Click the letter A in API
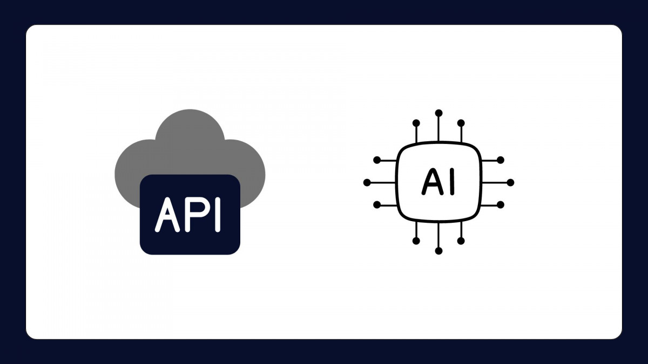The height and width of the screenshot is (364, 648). click(x=167, y=215)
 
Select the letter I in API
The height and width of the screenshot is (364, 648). click(x=218, y=215)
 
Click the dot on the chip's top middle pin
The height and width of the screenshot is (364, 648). click(x=438, y=113)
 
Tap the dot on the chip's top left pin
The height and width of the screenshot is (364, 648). click(x=416, y=123)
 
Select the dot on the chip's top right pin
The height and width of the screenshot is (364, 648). click(x=461, y=123)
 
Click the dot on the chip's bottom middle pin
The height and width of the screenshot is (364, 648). click(x=438, y=251)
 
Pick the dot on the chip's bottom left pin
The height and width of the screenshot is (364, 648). click(x=416, y=241)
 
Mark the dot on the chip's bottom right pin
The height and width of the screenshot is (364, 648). click(x=461, y=241)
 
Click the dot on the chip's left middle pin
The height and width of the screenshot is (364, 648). click(x=367, y=183)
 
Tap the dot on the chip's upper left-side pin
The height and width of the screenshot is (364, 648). click(x=377, y=160)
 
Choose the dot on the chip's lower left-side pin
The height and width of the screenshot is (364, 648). click(x=377, y=205)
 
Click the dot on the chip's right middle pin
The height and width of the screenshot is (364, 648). click(x=511, y=183)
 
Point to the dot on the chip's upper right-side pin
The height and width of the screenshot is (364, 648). click(x=501, y=160)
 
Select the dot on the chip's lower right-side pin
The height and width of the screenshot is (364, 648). click(x=501, y=205)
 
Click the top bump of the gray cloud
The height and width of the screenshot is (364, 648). click(x=190, y=130)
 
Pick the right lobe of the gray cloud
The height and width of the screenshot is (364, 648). click(x=250, y=173)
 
